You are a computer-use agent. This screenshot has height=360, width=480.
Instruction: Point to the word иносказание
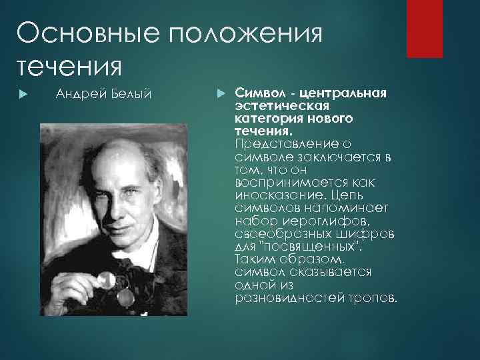coord(274,195)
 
